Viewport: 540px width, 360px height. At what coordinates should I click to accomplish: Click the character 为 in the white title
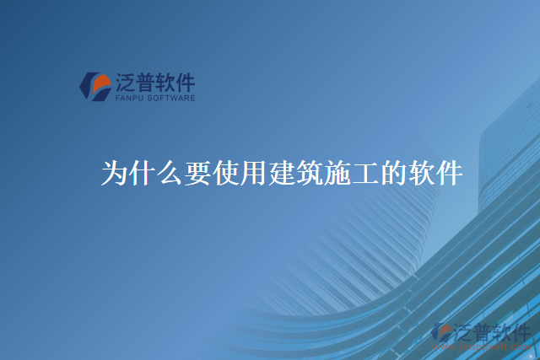[x=115, y=173]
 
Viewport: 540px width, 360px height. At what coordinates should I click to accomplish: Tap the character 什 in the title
[x=143, y=173]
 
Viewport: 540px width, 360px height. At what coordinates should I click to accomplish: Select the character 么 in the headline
[x=170, y=173]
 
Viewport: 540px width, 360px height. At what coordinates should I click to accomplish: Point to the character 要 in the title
[x=198, y=173]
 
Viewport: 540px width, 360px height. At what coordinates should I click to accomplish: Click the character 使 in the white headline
[x=226, y=173]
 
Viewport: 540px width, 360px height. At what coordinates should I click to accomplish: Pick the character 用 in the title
[x=254, y=173]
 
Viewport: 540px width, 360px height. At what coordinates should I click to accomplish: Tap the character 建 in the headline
[x=282, y=173]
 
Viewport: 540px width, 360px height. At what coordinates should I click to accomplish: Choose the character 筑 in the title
[x=310, y=173]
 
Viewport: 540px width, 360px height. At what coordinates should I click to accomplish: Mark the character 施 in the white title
[x=337, y=173]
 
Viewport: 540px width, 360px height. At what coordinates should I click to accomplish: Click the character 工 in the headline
[x=365, y=173]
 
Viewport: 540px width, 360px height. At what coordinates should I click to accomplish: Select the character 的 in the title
[x=393, y=173]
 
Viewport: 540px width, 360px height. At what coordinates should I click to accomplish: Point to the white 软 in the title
[x=421, y=173]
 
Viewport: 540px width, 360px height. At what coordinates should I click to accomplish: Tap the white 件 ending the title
[x=449, y=173]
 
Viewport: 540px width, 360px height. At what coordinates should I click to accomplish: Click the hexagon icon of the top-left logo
[x=95, y=85]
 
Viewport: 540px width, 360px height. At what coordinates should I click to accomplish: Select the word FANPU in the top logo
[x=128, y=98]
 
